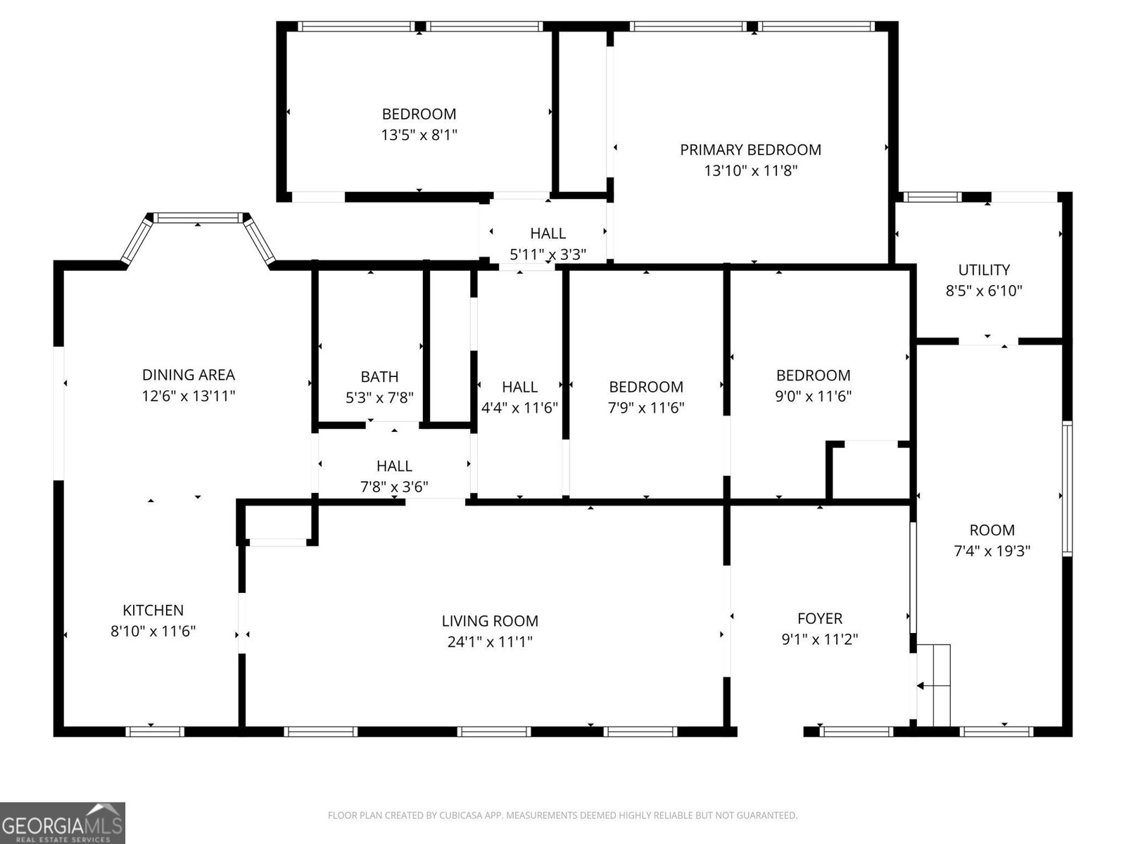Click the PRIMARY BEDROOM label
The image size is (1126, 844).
750,150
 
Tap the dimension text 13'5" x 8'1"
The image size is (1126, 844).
419,134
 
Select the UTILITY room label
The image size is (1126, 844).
984,269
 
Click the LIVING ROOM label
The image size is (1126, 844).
490,621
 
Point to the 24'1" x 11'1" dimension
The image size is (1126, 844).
490,641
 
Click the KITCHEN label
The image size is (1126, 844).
153,610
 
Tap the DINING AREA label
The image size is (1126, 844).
188,375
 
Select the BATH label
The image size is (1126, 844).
379,377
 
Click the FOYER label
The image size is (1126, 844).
820,618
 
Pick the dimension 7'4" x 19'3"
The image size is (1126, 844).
992,551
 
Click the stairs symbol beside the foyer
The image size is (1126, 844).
934,685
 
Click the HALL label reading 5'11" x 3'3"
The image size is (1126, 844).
548,234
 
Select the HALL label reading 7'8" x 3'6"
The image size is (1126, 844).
394,466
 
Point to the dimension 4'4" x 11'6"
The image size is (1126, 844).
519,407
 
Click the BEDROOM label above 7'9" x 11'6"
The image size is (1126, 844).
645,387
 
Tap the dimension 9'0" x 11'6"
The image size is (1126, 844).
813,395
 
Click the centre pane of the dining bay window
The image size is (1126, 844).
198,218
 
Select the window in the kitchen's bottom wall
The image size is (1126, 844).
155,731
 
